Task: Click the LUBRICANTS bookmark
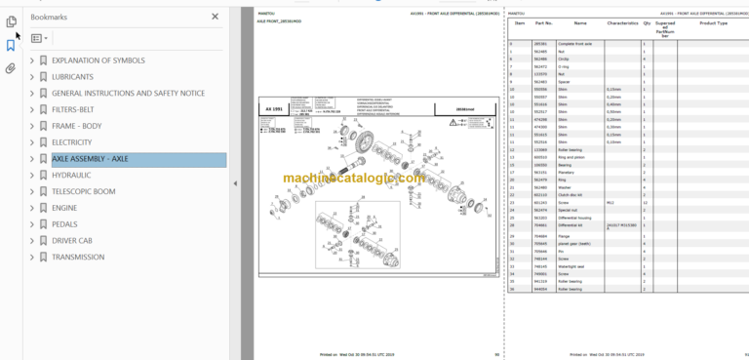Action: click(x=72, y=76)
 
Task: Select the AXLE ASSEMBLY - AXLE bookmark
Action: click(x=90, y=159)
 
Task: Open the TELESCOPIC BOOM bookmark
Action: click(x=83, y=191)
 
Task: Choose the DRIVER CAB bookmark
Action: click(x=77, y=241)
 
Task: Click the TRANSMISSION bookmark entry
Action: click(x=78, y=258)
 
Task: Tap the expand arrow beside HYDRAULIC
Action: click(x=32, y=176)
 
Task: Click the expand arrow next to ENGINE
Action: click(x=32, y=208)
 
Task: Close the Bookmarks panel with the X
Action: click(x=216, y=17)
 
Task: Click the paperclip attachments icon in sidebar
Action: click(x=11, y=68)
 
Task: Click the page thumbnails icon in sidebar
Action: click(x=11, y=21)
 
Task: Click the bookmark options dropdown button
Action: click(x=38, y=39)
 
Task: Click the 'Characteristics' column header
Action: click(x=622, y=21)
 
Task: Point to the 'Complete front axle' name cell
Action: click(x=575, y=45)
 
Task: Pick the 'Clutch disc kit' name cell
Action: click(x=571, y=195)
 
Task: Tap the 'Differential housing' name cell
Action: click(x=575, y=218)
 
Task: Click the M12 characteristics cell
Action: click(x=611, y=203)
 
